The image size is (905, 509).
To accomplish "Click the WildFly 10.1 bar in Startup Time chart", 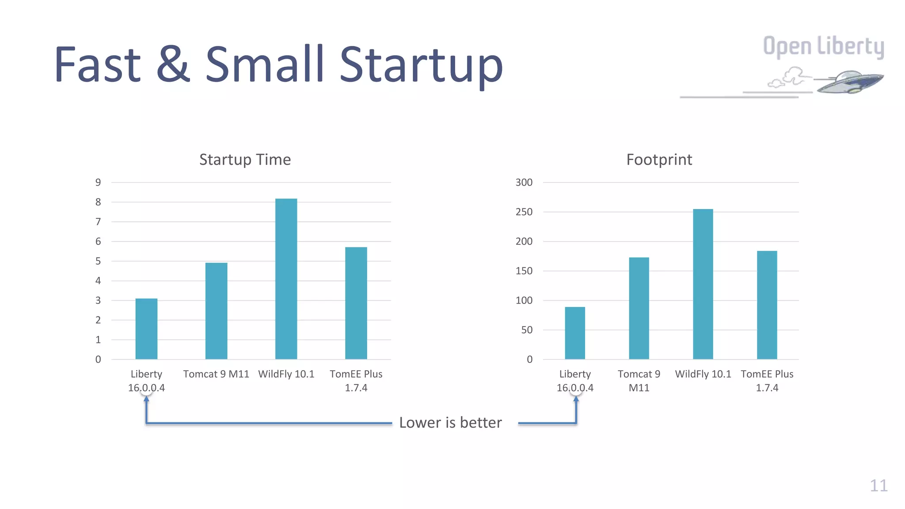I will tap(286, 279).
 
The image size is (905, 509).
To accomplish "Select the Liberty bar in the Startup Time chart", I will tap(146, 329).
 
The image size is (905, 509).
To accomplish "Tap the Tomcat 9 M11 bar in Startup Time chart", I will tap(216, 311).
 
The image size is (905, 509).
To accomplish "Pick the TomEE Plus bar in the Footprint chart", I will tap(767, 305).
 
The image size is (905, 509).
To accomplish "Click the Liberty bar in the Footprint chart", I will tap(574, 333).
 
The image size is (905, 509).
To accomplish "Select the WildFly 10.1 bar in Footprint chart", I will tap(703, 284).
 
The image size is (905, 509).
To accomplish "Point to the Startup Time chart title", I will tap(245, 160).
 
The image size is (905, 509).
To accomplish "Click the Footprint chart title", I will tap(659, 160).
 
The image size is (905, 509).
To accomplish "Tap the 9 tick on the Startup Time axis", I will tap(98, 182).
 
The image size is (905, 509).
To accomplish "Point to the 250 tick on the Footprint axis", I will tap(524, 212).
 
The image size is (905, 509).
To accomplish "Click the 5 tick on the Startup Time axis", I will tap(98, 261).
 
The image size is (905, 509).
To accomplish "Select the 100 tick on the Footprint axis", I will tap(524, 300).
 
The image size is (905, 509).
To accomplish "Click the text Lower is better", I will tap(450, 423).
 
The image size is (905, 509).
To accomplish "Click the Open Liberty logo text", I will tap(823, 47).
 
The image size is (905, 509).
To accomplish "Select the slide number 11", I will tap(878, 486).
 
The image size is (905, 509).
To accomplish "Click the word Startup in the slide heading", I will tap(421, 65).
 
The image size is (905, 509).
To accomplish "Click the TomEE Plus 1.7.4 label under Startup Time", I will tap(356, 381).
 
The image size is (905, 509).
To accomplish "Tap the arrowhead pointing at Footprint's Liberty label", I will tap(576, 399).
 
